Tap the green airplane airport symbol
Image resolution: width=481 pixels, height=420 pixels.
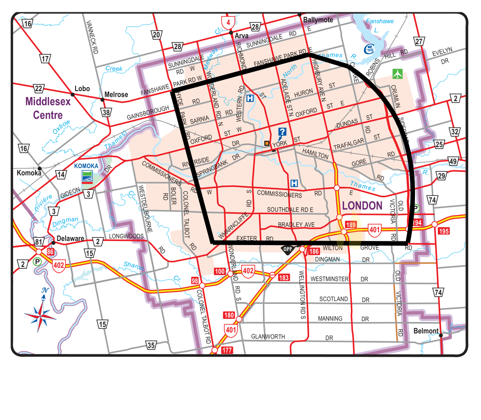pyautogui.click(x=398, y=73)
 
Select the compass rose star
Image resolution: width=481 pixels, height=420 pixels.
pyautogui.click(x=41, y=314)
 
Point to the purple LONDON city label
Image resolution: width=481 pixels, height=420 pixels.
pyautogui.click(x=362, y=205)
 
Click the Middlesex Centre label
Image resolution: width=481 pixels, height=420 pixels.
pyautogui.click(x=48, y=108)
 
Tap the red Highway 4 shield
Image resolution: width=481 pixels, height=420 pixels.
pyautogui.click(x=228, y=22)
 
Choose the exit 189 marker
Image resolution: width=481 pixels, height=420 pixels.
pyautogui.click(x=350, y=225)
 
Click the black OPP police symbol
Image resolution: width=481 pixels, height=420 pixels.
pyautogui.click(x=287, y=249)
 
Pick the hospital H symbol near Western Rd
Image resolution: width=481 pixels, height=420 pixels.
pyautogui.click(x=250, y=98)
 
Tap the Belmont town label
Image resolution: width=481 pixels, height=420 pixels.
pyautogui.click(x=426, y=331)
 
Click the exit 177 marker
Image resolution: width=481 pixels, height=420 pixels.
pyautogui.click(x=227, y=351)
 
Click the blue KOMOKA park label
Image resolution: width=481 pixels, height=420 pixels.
pyautogui.click(x=87, y=166)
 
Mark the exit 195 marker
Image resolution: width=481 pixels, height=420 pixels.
pyautogui.click(x=444, y=231)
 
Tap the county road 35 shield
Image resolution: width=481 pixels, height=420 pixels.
pyautogui.click(x=152, y=345)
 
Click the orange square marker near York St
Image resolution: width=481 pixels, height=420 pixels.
pyautogui.click(x=267, y=143)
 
